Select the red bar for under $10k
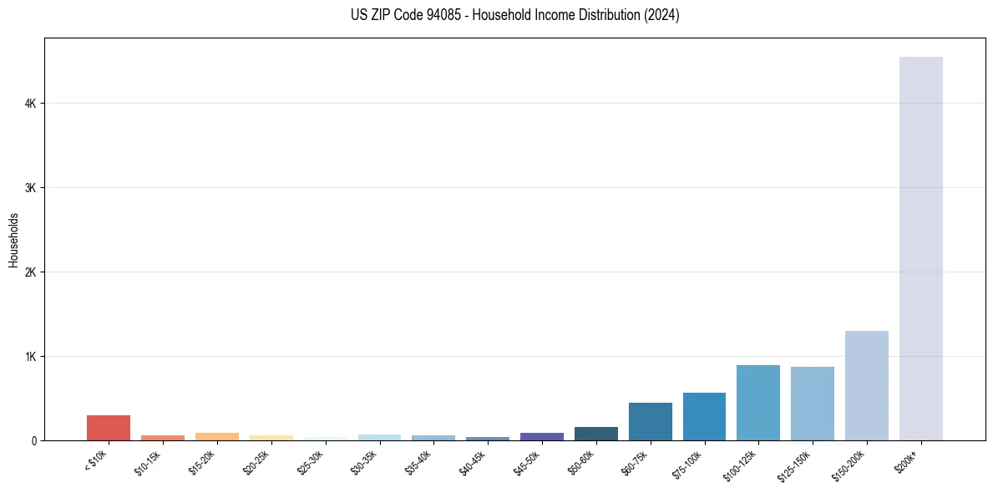coord(109,428)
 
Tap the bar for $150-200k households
coord(866,385)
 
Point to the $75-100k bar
coord(704,416)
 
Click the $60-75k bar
coord(650,421)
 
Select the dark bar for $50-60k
coord(595,434)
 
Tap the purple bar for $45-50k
coord(541,436)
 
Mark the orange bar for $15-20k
coord(216,436)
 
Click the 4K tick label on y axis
coord(31,104)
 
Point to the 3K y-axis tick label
coord(31,188)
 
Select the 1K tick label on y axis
coord(31,357)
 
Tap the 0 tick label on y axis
coord(33,441)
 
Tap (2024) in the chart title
coord(662,15)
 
